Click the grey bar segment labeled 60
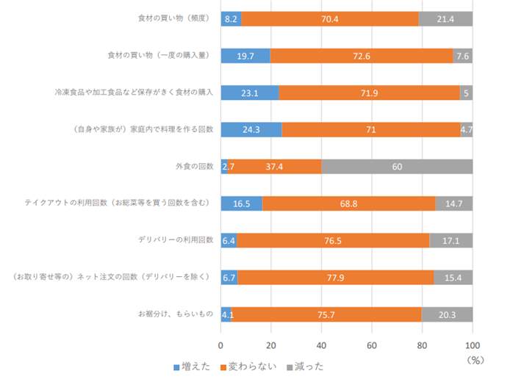pos(397,167)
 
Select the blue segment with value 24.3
pos(251,129)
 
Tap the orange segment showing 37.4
pos(275,167)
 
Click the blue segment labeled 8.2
pos(231,18)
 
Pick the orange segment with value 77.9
pos(335,277)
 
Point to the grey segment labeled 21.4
pos(445,18)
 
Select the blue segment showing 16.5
pos(241,203)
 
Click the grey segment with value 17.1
pos(450,240)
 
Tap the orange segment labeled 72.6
pos(362,55)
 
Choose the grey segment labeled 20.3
pos(447,314)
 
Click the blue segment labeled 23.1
pos(250,93)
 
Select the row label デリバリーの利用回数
pos(176,240)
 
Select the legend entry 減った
pos(304,366)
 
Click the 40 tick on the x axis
pos(322,343)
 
